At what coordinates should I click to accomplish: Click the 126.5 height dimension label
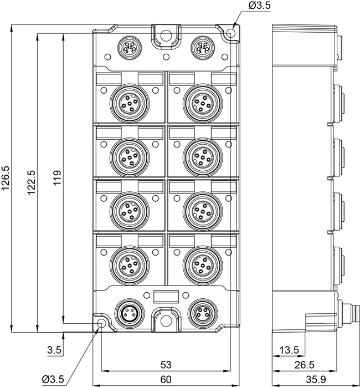click(x=5, y=178)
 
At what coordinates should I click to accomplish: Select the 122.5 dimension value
click(x=32, y=182)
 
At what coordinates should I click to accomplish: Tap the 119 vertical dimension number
click(x=57, y=178)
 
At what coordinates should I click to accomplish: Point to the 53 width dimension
click(x=166, y=364)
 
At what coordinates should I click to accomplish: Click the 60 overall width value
click(x=166, y=379)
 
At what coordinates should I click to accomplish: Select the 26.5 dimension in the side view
click(x=305, y=365)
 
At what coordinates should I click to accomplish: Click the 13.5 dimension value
click(x=289, y=350)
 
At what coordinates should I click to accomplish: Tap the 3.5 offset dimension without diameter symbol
click(x=54, y=350)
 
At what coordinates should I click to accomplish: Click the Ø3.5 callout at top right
click(x=259, y=6)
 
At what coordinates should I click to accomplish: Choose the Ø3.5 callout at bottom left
click(x=53, y=379)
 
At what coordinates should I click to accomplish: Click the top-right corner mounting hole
click(x=230, y=33)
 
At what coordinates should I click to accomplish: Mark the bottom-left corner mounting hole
click(x=101, y=323)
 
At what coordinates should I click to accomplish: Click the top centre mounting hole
click(x=166, y=35)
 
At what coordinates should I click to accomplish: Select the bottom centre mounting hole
click(x=166, y=320)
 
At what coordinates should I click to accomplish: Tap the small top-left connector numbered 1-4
click(x=129, y=48)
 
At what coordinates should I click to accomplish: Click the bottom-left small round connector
click(x=130, y=313)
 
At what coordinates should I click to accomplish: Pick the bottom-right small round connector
click(x=203, y=313)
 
